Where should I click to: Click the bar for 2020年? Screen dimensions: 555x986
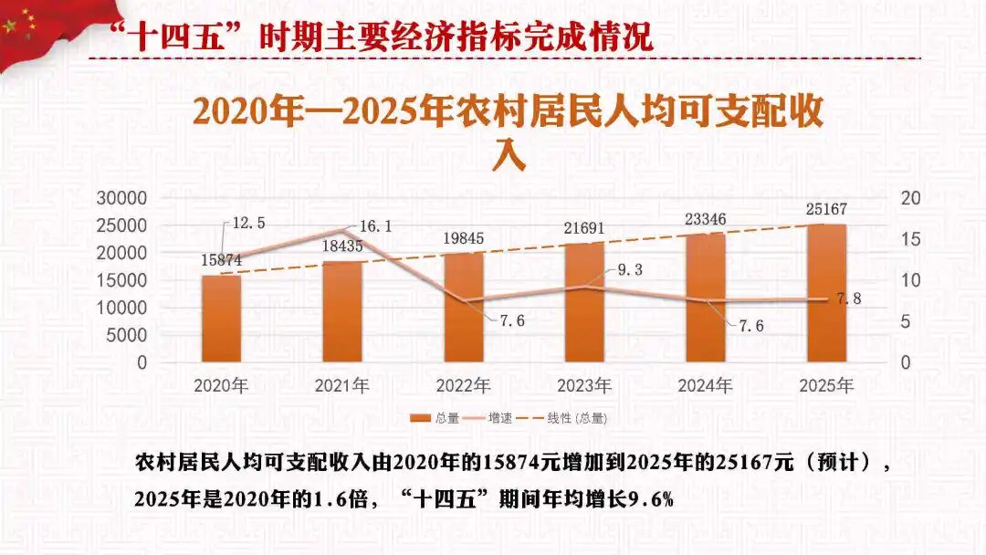click(x=221, y=319)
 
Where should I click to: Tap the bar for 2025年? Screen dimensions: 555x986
click(x=827, y=293)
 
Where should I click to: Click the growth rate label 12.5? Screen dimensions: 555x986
click(x=249, y=223)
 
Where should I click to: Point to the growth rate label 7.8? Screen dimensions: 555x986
click(x=849, y=298)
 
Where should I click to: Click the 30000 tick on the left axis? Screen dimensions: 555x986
click(x=123, y=198)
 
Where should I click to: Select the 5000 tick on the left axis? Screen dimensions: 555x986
click(x=129, y=335)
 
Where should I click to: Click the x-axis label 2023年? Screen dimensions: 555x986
click(x=584, y=386)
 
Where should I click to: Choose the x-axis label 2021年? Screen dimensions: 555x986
click(x=342, y=386)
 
